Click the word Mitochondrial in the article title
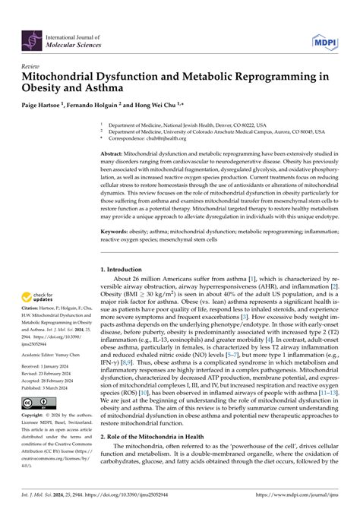coord(64,77)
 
